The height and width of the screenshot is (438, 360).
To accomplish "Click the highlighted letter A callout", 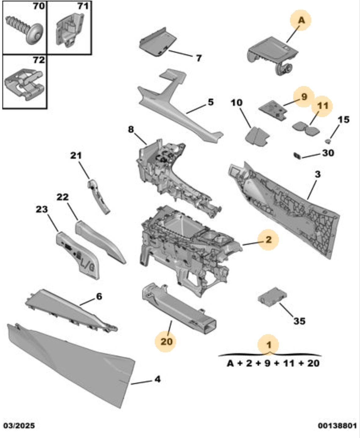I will point(301,20).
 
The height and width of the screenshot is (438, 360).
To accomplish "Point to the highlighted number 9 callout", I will point(304,97).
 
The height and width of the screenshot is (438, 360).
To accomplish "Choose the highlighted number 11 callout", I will point(322,106).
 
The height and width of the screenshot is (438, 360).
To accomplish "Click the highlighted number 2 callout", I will point(268,239).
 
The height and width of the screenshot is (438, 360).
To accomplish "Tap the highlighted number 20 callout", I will point(166,341).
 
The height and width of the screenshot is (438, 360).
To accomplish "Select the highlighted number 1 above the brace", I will point(268,345).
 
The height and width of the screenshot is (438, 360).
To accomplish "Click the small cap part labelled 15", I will point(328,141).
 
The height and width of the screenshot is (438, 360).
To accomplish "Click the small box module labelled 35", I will point(272,296).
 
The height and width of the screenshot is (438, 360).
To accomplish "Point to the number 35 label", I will point(299,321).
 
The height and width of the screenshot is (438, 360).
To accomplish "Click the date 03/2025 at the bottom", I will point(19,425).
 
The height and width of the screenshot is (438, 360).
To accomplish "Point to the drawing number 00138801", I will point(337,425).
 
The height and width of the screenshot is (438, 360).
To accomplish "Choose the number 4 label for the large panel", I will point(157,379).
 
